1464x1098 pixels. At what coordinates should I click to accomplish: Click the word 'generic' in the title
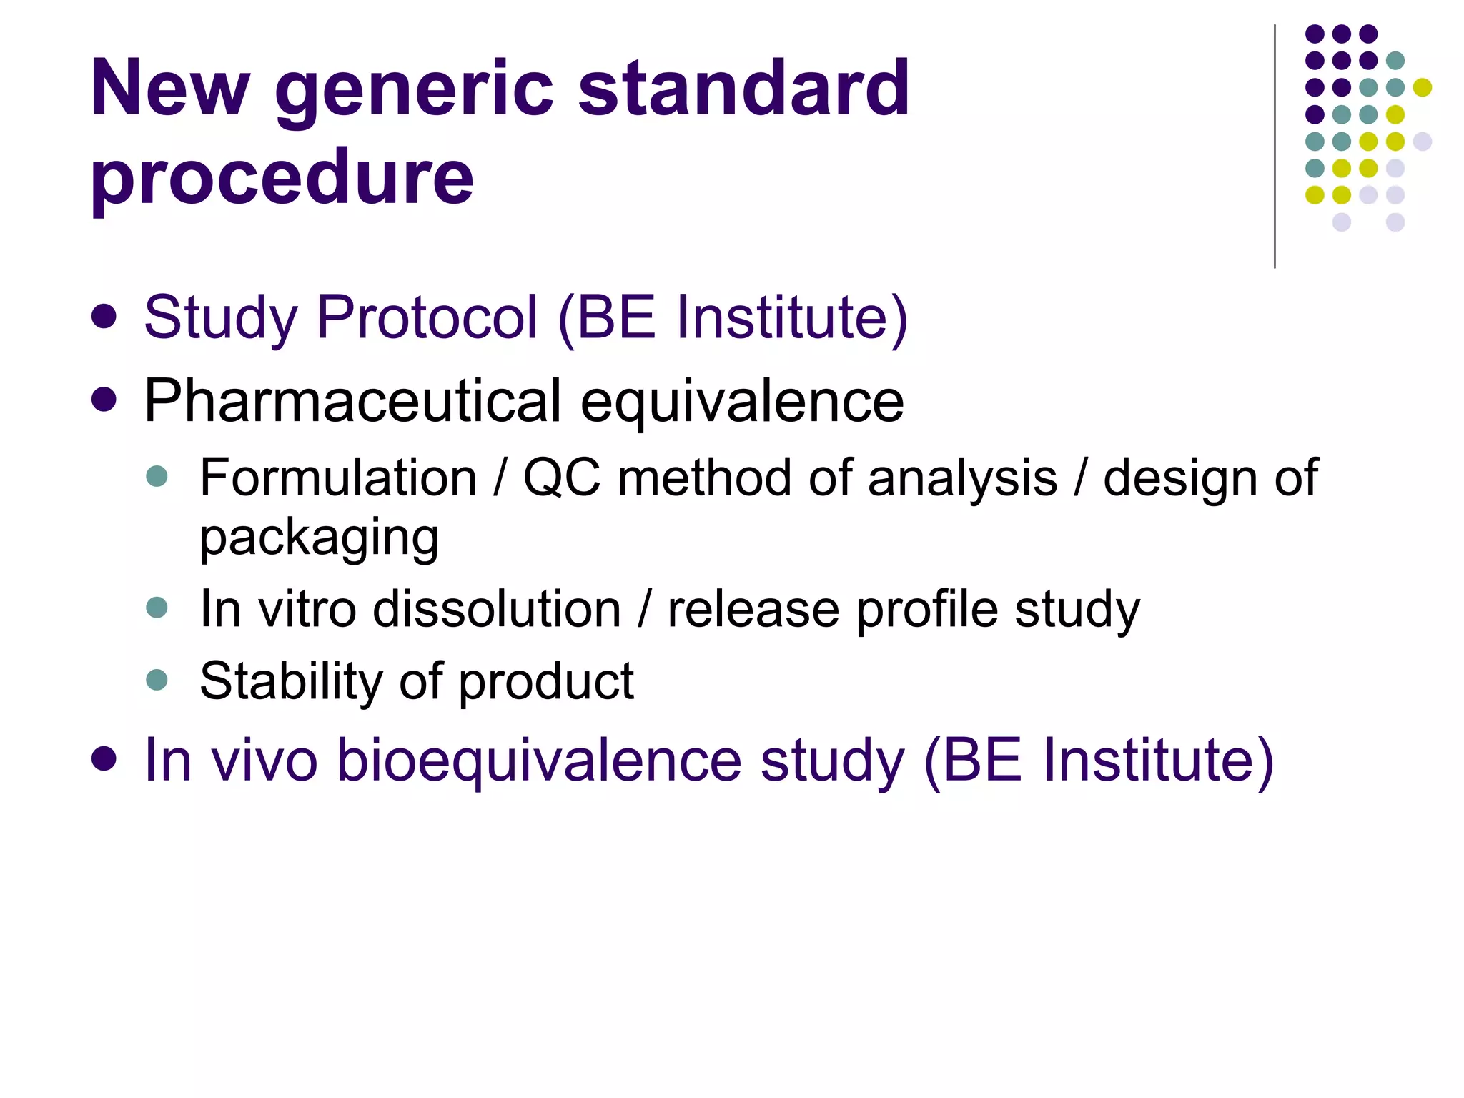[x=415, y=91]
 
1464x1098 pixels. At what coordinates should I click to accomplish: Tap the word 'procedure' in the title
[x=282, y=179]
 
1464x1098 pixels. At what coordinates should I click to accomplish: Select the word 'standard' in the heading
[x=743, y=89]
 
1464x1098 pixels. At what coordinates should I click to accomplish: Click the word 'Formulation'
[x=338, y=478]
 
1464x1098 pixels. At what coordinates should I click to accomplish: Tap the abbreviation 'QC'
[x=562, y=478]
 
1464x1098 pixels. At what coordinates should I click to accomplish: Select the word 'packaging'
[x=319, y=538]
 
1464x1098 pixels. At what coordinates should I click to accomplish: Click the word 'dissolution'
[x=497, y=609]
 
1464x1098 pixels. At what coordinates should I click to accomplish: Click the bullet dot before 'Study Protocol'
[x=104, y=317]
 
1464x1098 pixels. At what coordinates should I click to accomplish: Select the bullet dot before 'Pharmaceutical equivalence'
[x=104, y=400]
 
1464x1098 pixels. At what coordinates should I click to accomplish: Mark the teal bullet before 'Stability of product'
[x=157, y=679]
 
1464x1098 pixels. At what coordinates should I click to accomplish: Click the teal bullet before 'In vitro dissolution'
[x=157, y=608]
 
